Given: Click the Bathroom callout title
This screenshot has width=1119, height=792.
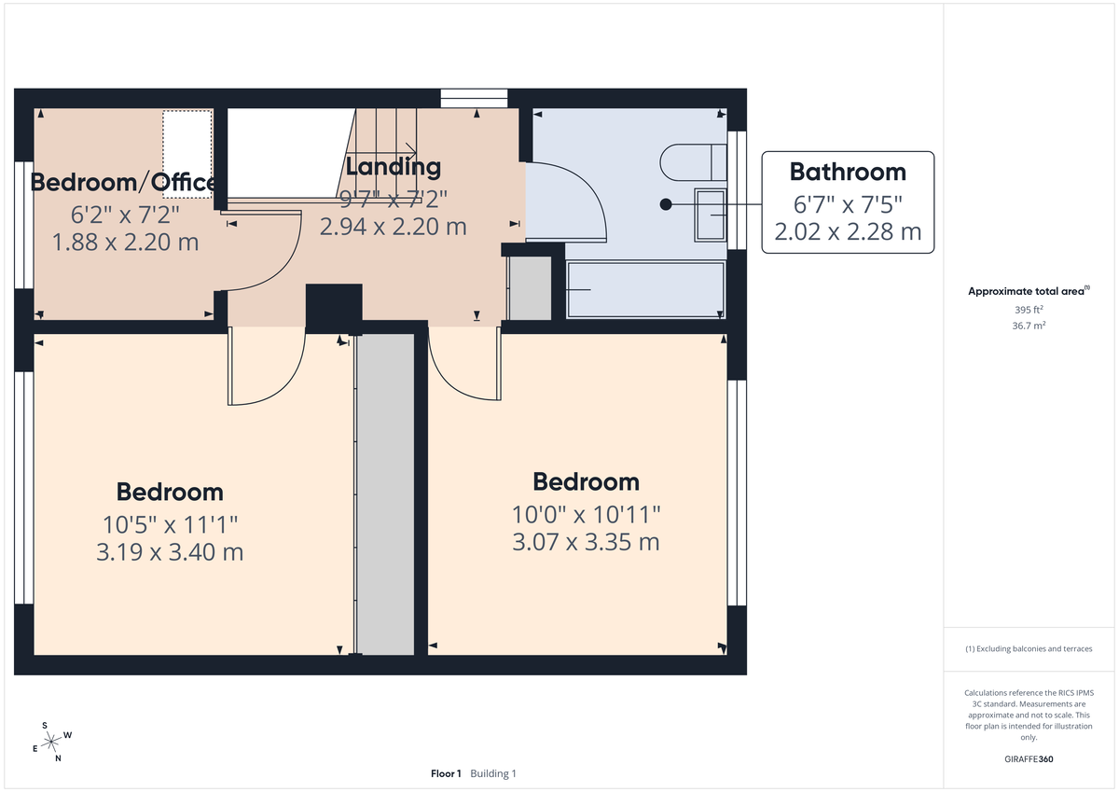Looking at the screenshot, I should (x=847, y=172).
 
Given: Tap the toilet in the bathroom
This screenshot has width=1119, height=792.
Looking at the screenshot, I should (x=691, y=163).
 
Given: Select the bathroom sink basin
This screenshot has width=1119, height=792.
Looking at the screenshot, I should (x=711, y=215).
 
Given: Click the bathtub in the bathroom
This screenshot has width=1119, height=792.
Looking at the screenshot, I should (x=643, y=290).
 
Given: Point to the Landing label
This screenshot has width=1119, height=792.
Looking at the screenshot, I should (x=393, y=167).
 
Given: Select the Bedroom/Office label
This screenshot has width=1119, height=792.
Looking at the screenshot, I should (x=123, y=182).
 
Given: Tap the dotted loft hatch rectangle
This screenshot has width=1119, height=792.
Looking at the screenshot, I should (x=187, y=154).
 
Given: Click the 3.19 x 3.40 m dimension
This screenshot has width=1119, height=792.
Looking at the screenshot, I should (x=170, y=552).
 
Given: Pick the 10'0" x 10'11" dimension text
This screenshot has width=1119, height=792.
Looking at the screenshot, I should (x=586, y=514).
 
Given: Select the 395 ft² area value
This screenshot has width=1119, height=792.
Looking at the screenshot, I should (x=1029, y=310).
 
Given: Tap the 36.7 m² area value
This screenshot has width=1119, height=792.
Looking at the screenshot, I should (x=1029, y=326).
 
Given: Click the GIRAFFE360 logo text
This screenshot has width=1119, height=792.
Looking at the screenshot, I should (x=1029, y=759).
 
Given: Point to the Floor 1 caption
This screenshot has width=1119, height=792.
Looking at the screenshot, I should (x=446, y=773).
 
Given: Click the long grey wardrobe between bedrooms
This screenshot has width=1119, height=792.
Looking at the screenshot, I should (x=386, y=494).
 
